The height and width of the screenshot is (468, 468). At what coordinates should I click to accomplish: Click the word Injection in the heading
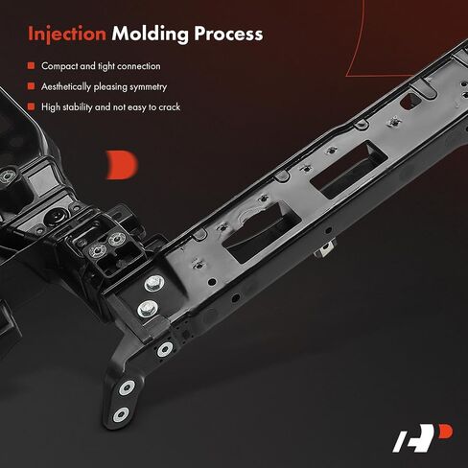point(67,34)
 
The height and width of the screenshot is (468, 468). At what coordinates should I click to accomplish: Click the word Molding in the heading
point(151,34)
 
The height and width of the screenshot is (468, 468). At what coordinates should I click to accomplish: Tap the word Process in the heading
point(228,34)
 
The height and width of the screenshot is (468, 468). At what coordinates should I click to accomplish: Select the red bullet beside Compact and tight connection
point(31,66)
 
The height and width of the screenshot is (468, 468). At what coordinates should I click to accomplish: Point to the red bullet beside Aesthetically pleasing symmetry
point(31,86)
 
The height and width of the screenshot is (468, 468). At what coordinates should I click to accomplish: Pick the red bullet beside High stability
point(31,106)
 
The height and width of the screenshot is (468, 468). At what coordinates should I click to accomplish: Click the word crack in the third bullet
point(170,107)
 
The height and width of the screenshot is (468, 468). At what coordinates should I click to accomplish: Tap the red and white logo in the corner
point(423,437)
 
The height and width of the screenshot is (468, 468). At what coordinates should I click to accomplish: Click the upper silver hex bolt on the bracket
point(154,284)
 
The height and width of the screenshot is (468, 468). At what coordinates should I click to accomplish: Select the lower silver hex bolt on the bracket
point(148,309)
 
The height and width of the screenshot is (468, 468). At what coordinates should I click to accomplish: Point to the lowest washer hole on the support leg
point(121,414)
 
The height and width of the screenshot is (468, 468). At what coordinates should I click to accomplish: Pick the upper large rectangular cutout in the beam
point(349,167)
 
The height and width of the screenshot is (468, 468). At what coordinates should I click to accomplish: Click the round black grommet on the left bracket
point(55,217)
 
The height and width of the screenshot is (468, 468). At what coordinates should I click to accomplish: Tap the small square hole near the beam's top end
point(410,102)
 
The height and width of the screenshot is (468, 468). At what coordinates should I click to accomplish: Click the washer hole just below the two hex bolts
point(165,350)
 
